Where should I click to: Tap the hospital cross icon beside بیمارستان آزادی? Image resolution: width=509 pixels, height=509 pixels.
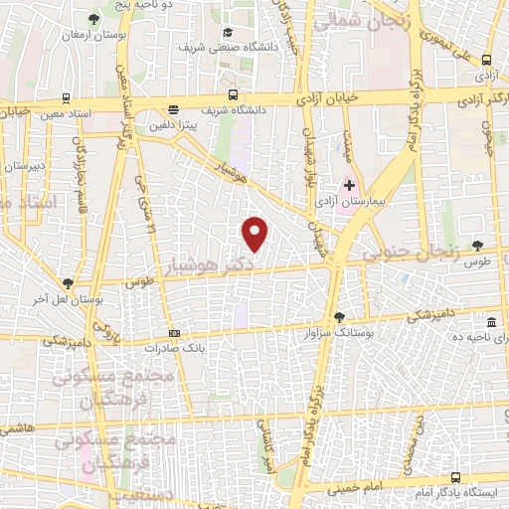click(x=350, y=185)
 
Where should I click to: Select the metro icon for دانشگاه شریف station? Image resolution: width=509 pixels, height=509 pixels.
click(x=233, y=95)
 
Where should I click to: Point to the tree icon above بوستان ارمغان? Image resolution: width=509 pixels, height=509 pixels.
click(x=94, y=19)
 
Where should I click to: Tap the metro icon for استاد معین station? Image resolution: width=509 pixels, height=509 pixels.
click(x=65, y=97)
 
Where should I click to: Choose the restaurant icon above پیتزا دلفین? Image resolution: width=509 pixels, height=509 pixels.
click(x=174, y=110)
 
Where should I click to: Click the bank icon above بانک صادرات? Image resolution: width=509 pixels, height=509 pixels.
click(x=175, y=333)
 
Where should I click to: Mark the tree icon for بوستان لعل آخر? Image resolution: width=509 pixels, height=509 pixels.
click(x=68, y=282)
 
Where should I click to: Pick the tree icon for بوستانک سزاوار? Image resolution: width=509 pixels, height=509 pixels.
click(x=340, y=316)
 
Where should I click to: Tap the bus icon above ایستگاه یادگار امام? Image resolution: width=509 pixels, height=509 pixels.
click(x=455, y=477)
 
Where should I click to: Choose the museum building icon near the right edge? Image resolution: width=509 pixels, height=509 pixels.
click(x=491, y=323)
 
